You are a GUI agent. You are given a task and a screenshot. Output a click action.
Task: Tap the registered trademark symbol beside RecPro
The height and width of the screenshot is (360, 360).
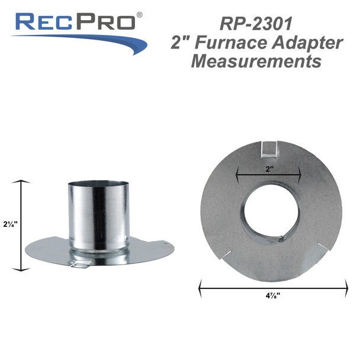pyautogui.click(x=139, y=14)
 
